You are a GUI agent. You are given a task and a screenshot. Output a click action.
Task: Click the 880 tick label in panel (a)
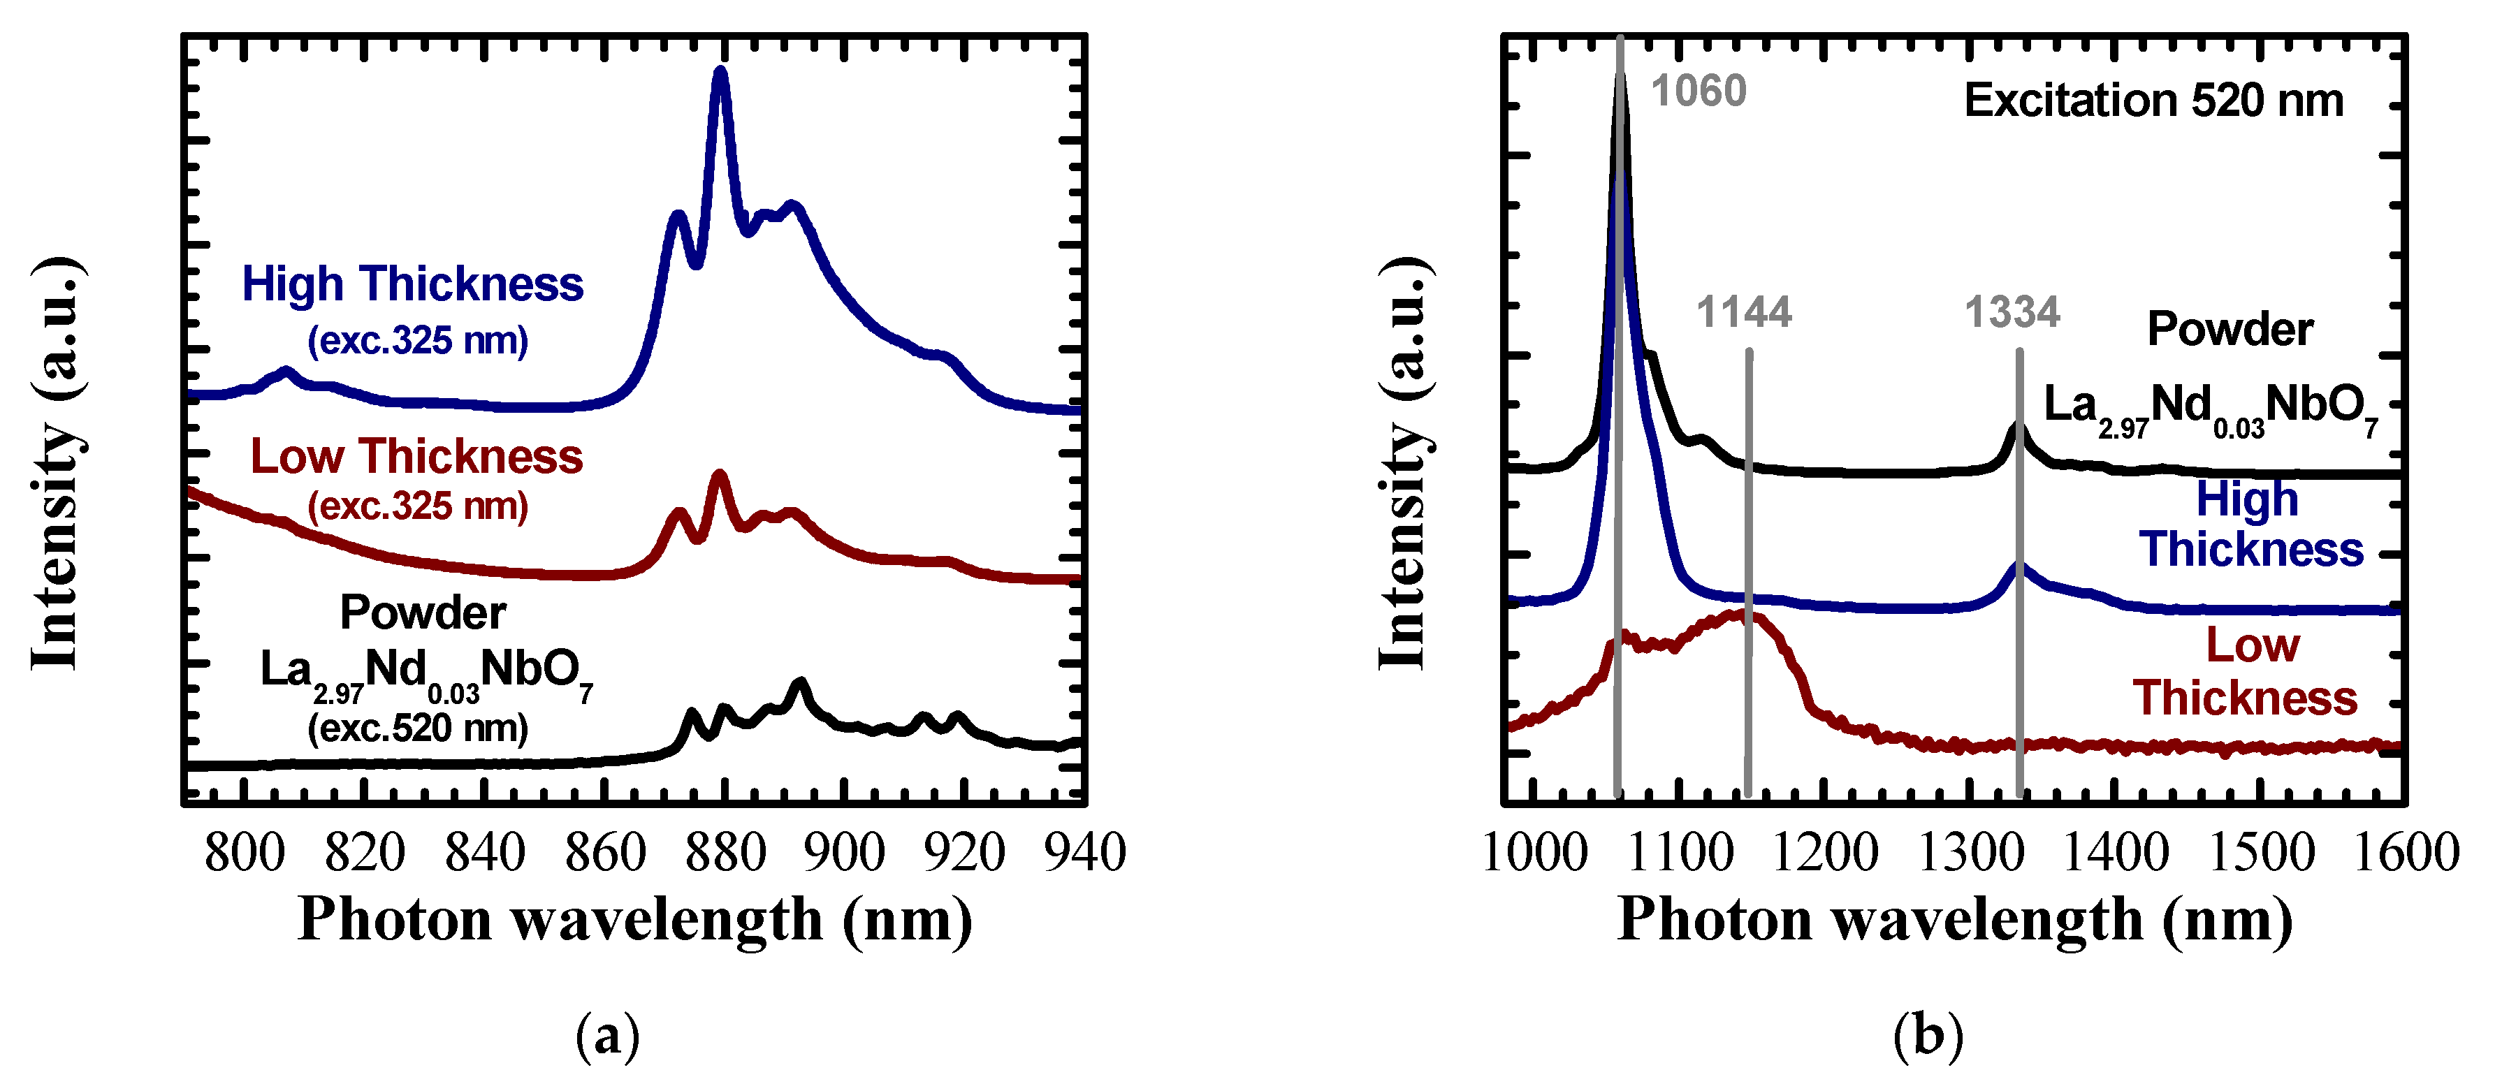tap(725, 853)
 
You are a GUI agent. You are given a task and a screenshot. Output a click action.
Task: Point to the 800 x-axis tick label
tap(245, 853)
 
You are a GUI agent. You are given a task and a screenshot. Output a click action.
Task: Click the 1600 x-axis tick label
tap(2406, 853)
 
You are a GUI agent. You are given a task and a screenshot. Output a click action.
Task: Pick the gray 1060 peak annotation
tap(1699, 91)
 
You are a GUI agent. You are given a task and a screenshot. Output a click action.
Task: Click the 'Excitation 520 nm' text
tap(2153, 101)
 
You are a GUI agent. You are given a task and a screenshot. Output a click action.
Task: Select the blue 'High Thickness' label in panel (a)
tap(413, 284)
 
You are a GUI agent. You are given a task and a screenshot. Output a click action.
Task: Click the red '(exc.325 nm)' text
tap(418, 506)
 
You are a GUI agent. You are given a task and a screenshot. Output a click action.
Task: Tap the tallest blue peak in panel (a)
tap(720, 71)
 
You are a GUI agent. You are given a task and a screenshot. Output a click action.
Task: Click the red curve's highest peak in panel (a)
tap(720, 475)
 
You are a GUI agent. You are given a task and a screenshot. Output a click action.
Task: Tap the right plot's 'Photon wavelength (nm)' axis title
tap(1954, 918)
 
